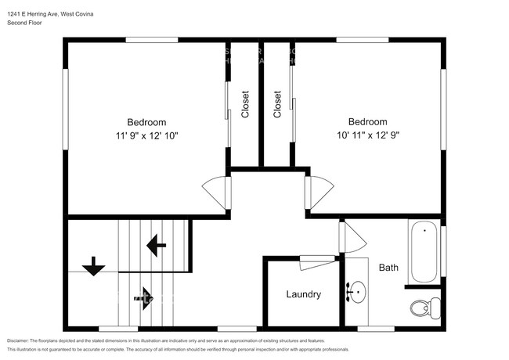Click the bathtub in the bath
point(424,253)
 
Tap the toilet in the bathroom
point(424,305)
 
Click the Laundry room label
point(303,294)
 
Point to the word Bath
point(388,268)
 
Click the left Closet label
point(245,104)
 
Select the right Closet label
point(277,104)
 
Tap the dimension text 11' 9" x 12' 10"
point(147,135)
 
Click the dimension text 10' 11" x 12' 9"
point(367,135)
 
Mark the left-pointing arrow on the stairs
point(156,247)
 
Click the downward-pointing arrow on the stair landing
point(94,266)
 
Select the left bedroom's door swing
point(216,190)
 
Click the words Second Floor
point(24,23)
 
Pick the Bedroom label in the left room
point(147,122)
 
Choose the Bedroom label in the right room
point(367,122)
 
